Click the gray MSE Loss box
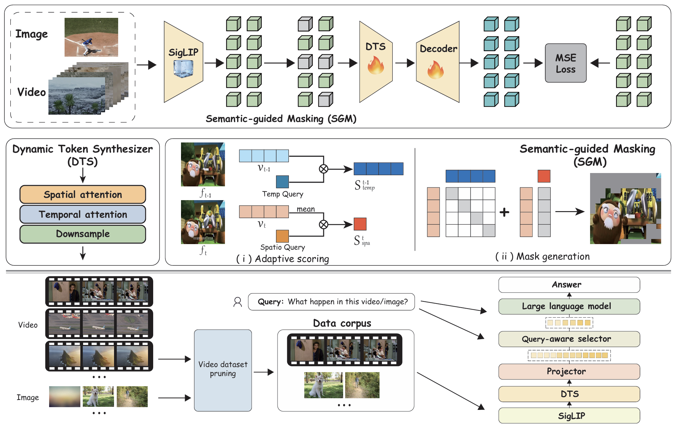point(566,63)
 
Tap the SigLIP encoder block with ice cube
point(183,62)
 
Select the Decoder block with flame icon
point(438,62)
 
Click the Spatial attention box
point(83,194)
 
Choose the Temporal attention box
point(83,214)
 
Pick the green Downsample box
point(83,234)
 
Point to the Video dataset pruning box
point(223,370)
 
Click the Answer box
point(569,285)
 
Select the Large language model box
point(569,306)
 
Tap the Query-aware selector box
point(569,339)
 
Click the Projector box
point(569,371)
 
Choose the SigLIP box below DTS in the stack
point(569,415)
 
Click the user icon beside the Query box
point(237,302)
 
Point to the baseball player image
point(91,37)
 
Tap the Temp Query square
point(282,182)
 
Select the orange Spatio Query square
point(282,236)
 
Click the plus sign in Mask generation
point(504,212)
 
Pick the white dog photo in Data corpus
point(324,385)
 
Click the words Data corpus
point(342,323)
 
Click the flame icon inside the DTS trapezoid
point(376,65)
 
